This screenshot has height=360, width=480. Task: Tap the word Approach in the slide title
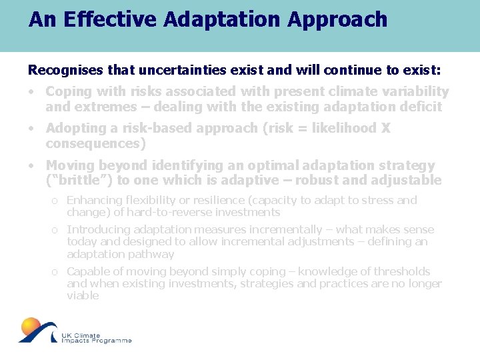pos(337,19)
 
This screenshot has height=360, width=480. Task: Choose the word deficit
pos(422,107)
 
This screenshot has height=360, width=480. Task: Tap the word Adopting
pos(73,129)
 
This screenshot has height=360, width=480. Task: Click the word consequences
pos(93,143)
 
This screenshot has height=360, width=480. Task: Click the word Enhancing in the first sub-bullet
pos(93,200)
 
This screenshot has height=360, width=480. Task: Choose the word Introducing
pos(95,229)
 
